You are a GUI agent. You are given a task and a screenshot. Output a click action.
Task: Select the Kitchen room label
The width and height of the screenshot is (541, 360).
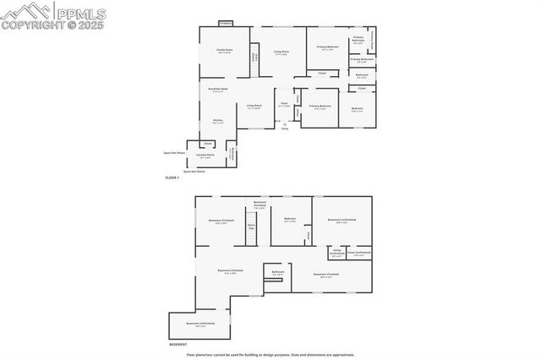[217, 121]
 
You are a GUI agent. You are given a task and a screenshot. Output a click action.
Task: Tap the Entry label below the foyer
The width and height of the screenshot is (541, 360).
[285, 128]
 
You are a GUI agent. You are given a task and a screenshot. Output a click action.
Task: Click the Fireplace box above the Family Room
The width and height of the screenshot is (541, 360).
[225, 23]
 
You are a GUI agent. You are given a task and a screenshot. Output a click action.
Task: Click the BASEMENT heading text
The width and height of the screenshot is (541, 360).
[178, 345]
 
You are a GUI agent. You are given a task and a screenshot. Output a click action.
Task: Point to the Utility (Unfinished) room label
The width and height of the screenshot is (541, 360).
[336, 254]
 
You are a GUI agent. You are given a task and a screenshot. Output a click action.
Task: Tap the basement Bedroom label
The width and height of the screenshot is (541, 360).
[290, 220]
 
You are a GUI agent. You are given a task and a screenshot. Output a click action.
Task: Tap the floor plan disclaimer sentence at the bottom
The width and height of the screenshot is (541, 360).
[270, 355]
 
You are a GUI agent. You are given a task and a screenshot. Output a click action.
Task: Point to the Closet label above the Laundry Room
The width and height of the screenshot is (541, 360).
[208, 145]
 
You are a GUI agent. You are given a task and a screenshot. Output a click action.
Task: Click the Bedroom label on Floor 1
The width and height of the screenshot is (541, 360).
[358, 108]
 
